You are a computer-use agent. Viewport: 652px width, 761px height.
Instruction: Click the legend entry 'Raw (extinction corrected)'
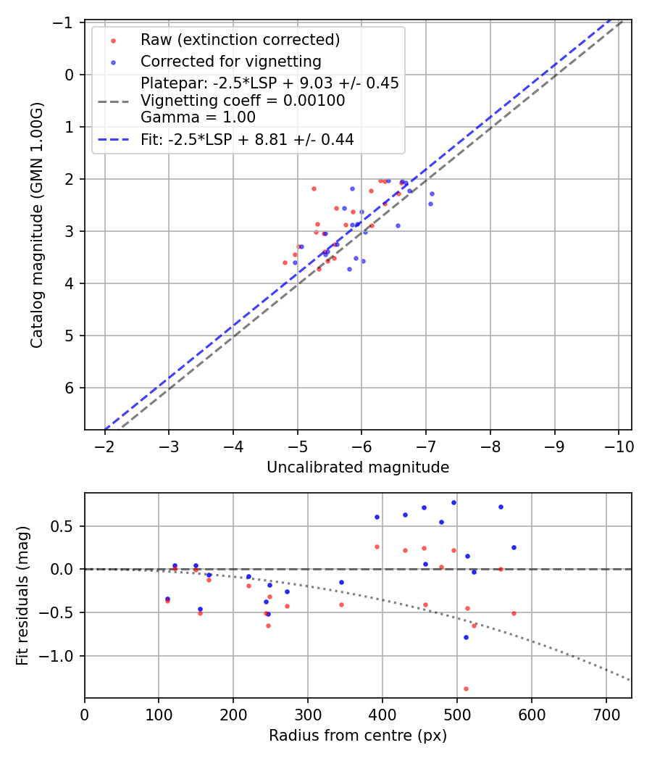click(240, 39)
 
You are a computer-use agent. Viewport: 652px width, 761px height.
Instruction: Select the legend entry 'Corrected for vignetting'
click(230, 61)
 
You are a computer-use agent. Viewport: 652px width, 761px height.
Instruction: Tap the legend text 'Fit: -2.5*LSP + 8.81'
click(247, 140)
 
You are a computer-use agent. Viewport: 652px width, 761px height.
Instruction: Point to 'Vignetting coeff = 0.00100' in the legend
click(243, 101)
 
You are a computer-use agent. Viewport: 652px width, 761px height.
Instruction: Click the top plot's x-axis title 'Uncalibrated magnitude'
click(358, 467)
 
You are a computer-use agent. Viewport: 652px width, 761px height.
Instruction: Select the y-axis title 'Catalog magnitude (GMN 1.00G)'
click(37, 225)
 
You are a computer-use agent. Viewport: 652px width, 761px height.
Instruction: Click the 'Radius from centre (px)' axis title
click(358, 736)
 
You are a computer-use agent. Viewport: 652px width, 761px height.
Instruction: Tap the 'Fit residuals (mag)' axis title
click(22, 595)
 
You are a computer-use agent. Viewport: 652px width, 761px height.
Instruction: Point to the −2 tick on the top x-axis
click(105, 447)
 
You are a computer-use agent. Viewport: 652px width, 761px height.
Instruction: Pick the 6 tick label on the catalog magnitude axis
click(70, 388)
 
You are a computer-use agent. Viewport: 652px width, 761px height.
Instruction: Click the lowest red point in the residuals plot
click(466, 689)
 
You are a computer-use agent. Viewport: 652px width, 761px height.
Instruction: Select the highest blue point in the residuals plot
click(454, 502)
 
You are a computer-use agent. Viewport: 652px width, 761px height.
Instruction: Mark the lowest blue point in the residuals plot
click(466, 637)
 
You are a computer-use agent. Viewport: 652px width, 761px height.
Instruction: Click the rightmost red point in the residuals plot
click(514, 613)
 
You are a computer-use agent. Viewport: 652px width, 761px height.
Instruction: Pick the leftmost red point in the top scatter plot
click(285, 262)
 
